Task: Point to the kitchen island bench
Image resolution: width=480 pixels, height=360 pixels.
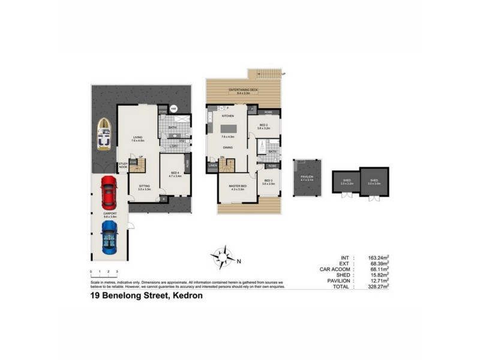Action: click(x=229, y=128)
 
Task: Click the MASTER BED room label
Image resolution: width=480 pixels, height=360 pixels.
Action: click(x=237, y=186)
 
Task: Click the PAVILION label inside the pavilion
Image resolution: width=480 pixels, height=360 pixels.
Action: click(x=307, y=176)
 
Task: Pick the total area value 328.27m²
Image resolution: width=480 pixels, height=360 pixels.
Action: click(x=378, y=287)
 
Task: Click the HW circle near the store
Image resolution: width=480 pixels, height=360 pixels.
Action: click(x=173, y=109)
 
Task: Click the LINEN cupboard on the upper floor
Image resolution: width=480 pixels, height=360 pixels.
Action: click(x=212, y=165)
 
